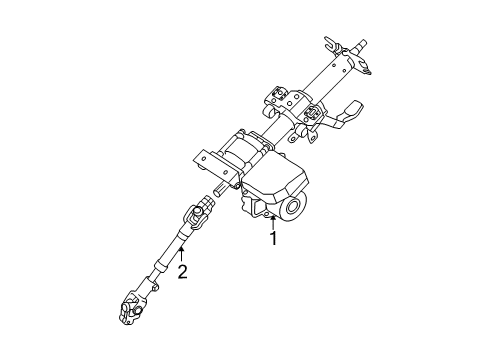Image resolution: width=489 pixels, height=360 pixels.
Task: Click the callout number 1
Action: [x=271, y=241]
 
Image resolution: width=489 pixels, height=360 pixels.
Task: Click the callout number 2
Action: [x=182, y=271]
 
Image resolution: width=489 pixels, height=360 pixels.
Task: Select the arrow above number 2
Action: [x=182, y=254]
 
